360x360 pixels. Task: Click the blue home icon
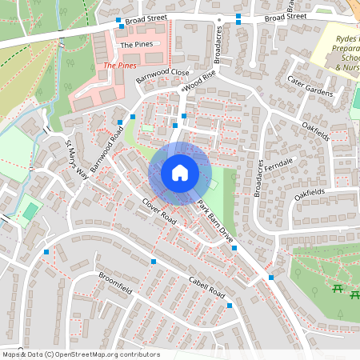180,173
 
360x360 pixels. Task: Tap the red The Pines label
120,64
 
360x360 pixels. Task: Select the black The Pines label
136,45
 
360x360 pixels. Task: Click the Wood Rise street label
199,80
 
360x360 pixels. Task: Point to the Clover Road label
158,210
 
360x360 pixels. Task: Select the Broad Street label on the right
286,16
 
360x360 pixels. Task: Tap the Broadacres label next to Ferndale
258,178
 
